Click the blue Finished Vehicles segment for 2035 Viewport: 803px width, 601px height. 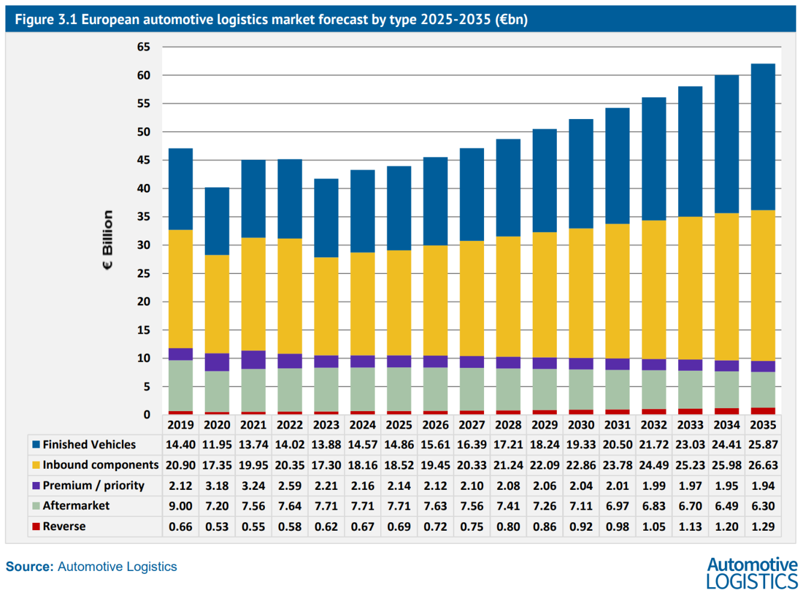(x=763, y=137)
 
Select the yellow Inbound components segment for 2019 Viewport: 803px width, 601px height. (x=180, y=289)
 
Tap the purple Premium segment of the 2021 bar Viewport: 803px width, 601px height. (x=253, y=359)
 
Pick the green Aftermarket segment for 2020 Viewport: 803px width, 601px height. (x=217, y=391)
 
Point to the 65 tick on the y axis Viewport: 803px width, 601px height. (x=144, y=47)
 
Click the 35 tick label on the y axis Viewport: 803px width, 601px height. (x=144, y=217)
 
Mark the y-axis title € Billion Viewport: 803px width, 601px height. (x=108, y=240)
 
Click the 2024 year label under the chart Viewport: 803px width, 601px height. (x=362, y=425)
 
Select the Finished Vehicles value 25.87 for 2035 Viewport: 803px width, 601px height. (x=763, y=445)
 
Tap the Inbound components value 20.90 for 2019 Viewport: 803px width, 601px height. (x=180, y=465)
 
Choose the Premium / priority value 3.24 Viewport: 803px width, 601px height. (x=253, y=486)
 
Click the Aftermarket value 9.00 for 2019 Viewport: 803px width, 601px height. (x=180, y=506)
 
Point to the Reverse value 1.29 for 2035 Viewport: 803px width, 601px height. (x=763, y=526)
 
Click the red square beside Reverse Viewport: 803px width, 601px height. (x=36, y=526)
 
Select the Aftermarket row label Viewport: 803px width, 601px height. (x=76, y=506)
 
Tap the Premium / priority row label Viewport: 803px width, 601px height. (x=93, y=486)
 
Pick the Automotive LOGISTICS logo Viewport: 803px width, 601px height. (x=752, y=573)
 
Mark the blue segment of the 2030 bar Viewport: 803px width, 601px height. (x=581, y=174)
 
